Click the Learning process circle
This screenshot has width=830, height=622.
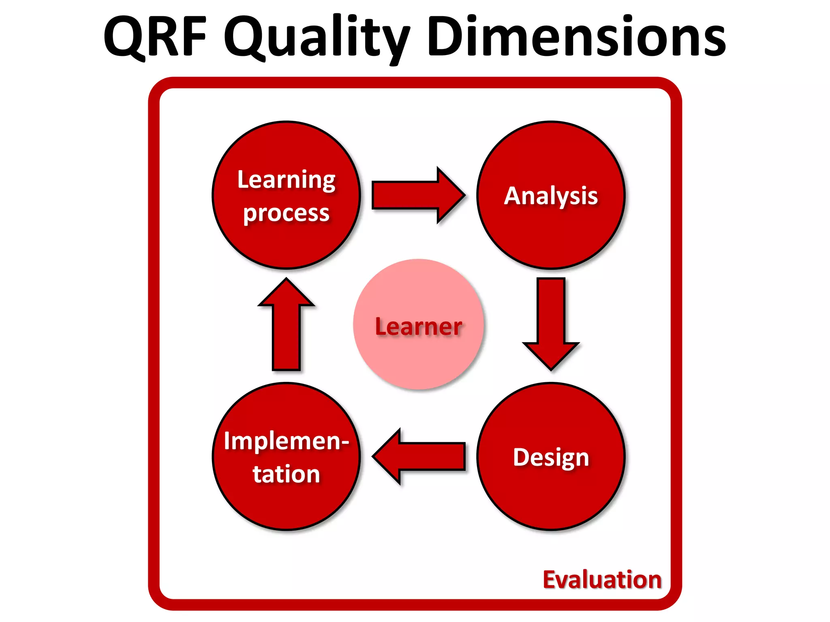click(286, 243)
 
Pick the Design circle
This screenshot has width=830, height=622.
click(551, 498)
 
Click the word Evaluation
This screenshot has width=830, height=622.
click(602, 579)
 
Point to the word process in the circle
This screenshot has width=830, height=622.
click(286, 213)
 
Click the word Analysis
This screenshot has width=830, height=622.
click(551, 196)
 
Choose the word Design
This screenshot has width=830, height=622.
click(551, 458)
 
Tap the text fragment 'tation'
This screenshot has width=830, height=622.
click(286, 474)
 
